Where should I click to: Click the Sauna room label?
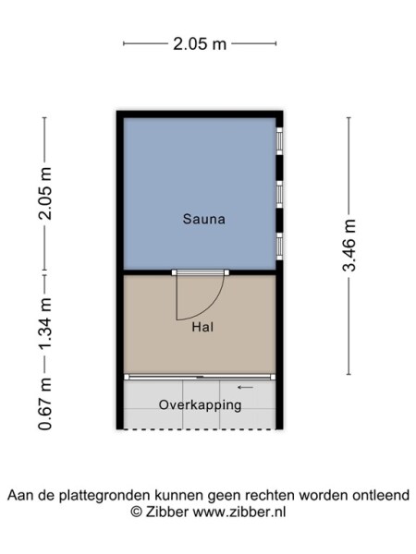click(204, 220)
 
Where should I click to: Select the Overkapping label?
click(200, 405)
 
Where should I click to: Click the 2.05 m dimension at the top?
click(199, 42)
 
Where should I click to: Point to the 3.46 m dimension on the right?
click(349, 247)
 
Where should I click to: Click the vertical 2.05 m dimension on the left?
click(43, 194)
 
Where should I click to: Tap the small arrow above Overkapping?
click(245, 388)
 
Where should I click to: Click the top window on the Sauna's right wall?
click(279, 140)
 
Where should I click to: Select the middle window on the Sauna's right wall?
click(279, 194)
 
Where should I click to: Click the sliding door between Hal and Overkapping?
click(200, 377)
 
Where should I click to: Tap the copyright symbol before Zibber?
click(135, 511)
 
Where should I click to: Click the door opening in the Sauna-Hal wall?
click(200, 272)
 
